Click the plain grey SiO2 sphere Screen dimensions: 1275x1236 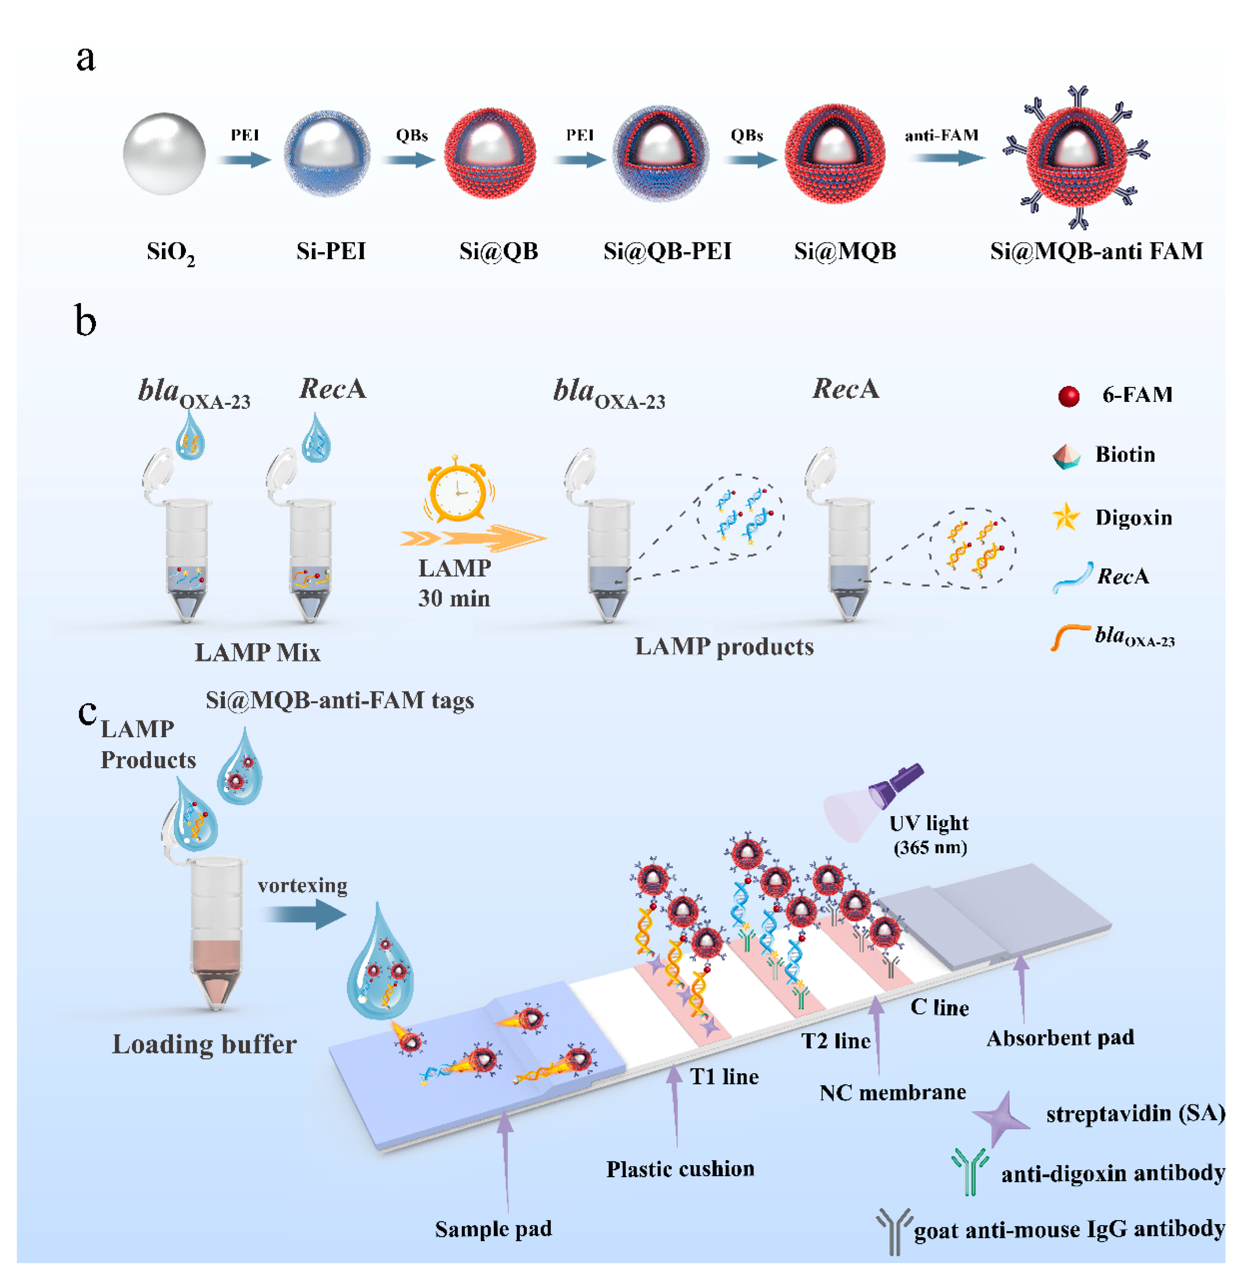[164, 154]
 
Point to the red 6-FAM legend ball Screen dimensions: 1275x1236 [1068, 395]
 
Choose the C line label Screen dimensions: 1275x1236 [939, 1008]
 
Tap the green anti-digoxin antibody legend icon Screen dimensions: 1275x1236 [970, 1171]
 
